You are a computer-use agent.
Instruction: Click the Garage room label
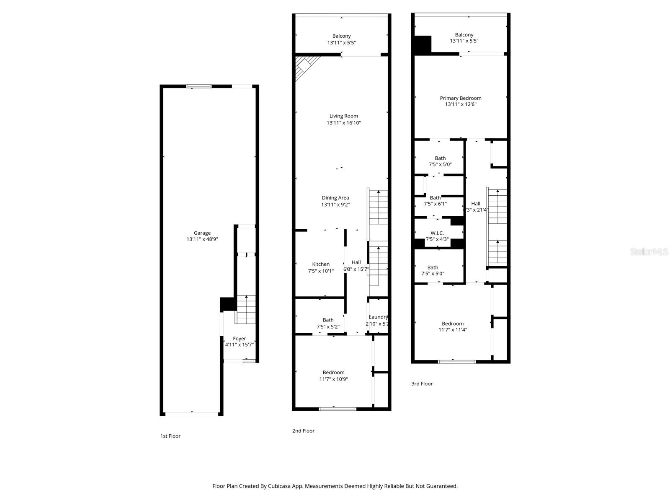point(202,233)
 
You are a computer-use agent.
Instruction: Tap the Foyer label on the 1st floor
point(240,339)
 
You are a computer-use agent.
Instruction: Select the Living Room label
point(343,116)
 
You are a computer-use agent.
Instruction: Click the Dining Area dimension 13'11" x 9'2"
point(335,205)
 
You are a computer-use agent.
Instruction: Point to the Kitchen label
point(321,264)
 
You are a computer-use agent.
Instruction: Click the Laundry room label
point(378,317)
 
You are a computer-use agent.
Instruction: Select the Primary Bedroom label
point(461,98)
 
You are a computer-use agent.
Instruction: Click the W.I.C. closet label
point(437,233)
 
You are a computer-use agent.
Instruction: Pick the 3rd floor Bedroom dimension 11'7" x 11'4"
point(453,330)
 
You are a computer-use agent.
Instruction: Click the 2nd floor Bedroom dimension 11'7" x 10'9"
point(333,379)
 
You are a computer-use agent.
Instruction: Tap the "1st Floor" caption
point(170,436)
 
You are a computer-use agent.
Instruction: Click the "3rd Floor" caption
point(422,384)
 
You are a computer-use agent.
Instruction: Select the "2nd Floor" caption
point(303,430)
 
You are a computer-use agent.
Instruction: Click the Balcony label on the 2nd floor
point(342,36)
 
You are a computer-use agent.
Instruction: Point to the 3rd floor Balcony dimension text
point(464,41)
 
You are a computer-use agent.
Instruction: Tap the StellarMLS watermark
point(649,251)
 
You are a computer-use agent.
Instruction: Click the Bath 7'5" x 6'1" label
point(435,197)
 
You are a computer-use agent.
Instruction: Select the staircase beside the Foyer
point(246,309)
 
